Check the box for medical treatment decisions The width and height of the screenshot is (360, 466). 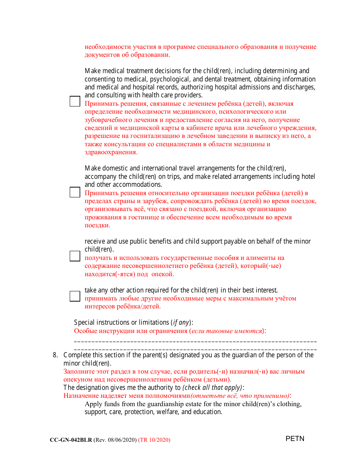click(x=75, y=101)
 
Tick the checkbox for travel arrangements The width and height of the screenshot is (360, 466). click(x=75, y=192)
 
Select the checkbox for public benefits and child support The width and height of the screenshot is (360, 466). click(x=75, y=256)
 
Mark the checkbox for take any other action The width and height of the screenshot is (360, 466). click(x=75, y=296)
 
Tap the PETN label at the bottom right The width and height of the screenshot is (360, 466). click(x=295, y=439)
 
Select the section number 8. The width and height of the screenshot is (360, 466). click(x=55, y=355)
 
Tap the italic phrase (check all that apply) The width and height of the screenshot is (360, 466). click(x=212, y=388)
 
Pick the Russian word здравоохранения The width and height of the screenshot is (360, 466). click(x=111, y=152)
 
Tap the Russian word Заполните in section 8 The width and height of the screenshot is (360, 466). click(x=78, y=371)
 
